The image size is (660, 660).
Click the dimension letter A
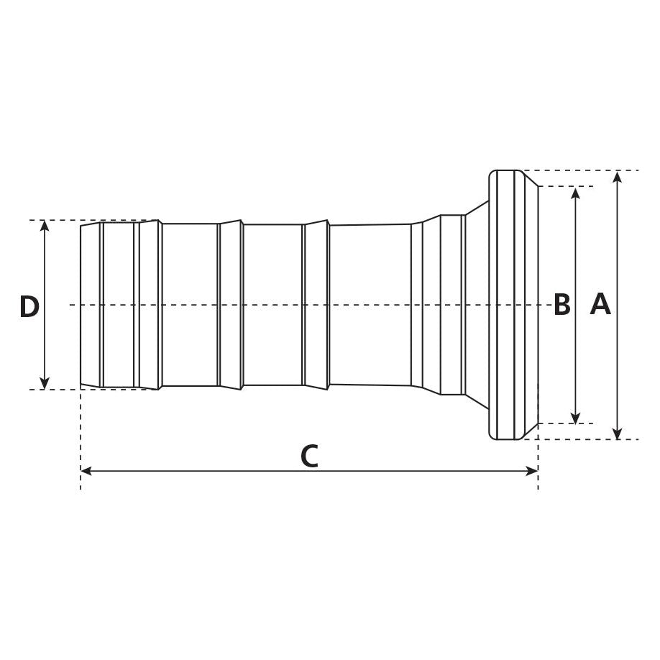(600, 306)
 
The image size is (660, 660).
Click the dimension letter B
(562, 306)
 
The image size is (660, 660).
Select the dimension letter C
(309, 457)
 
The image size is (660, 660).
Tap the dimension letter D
(29, 307)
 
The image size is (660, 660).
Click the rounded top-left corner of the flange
(492, 173)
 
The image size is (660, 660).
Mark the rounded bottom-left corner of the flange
(492, 436)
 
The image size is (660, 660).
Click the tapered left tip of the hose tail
(81, 305)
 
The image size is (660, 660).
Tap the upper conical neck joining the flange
(477, 208)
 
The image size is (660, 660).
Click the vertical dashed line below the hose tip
(81, 439)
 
